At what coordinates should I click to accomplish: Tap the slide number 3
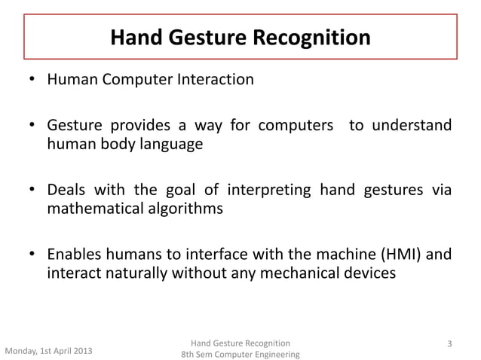pyautogui.click(x=449, y=344)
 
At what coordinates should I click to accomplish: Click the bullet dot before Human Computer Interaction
pyautogui.click(x=33, y=80)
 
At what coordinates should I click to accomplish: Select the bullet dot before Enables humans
pyautogui.click(x=33, y=255)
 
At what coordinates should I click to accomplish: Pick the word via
pyautogui.click(x=442, y=189)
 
